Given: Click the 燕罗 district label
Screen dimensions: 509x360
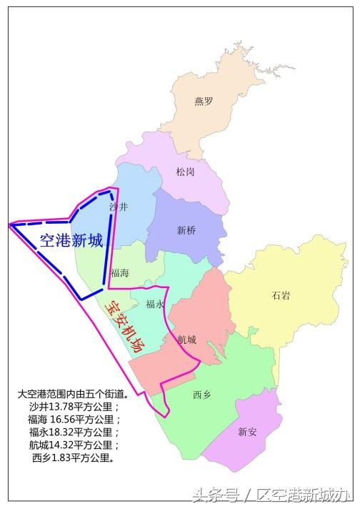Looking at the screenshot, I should pos(204,102).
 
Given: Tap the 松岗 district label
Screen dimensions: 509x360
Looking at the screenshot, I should pos(185,172).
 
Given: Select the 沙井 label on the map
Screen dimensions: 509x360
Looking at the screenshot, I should pos(119,207).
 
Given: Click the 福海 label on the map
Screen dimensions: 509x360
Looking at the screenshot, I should pos(120,273).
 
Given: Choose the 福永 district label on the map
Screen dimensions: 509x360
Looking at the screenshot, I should pos(155,304).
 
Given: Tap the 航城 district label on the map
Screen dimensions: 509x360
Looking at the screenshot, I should pos(187,340).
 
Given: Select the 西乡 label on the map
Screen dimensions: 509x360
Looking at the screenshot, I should pos(202,393).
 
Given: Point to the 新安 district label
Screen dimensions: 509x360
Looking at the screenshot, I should pos(248,431).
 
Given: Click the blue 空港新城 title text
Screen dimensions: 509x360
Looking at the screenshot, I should pos(71,241).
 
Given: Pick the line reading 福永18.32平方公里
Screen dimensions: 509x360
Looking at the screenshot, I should pos(69,432).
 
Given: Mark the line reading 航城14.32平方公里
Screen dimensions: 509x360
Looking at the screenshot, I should pos(69,445).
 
